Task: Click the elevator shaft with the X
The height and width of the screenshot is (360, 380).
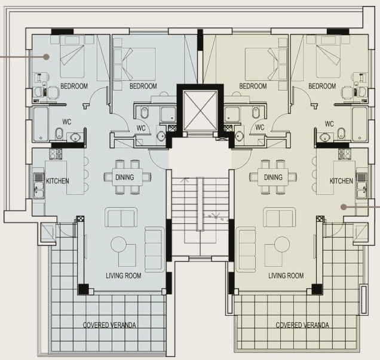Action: tap(200, 111)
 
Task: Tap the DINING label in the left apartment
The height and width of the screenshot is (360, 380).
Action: tap(124, 177)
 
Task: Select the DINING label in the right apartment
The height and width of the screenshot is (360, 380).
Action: tap(273, 177)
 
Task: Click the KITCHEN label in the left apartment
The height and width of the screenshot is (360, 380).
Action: tap(57, 181)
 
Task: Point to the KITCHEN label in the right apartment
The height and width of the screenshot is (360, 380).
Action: tap(341, 181)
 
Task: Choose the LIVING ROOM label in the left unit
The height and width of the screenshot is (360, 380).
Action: tap(124, 275)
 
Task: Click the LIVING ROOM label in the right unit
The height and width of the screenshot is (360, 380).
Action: tap(286, 275)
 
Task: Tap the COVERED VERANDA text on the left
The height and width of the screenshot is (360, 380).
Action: tap(109, 325)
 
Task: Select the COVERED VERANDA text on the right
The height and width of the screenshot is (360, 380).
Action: tap(302, 325)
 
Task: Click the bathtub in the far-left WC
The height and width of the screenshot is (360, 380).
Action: tap(41, 124)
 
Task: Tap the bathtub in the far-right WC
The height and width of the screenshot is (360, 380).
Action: tap(360, 124)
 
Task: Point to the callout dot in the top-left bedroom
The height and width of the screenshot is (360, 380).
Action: tap(46, 57)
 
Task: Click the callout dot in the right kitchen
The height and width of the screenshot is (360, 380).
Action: tap(344, 207)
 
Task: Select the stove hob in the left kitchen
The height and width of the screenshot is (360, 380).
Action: tap(56, 154)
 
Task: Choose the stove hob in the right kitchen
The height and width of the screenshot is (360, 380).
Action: tap(345, 154)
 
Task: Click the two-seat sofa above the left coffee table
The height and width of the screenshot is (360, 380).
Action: tap(121, 217)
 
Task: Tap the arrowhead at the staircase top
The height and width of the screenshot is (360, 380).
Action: tap(186, 179)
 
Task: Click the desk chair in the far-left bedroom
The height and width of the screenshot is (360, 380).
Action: tap(53, 92)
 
